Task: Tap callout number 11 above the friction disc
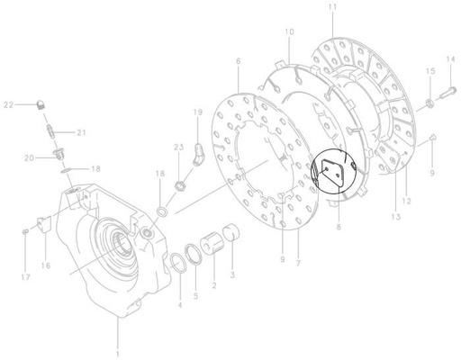click(332, 8)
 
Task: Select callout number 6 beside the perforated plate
click(238, 61)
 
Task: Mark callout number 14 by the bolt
click(451, 59)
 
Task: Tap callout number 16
click(44, 265)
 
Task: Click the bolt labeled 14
click(447, 90)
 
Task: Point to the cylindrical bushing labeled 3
click(230, 238)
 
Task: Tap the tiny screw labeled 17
click(23, 231)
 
